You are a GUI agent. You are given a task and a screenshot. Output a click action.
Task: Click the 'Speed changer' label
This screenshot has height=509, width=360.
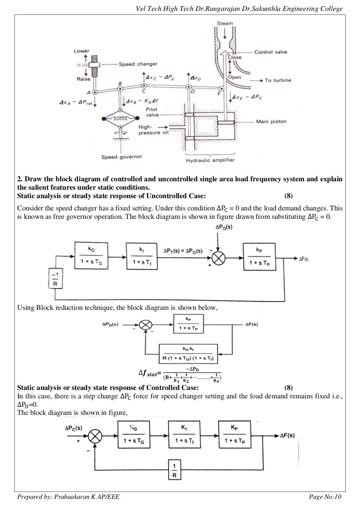(138, 64)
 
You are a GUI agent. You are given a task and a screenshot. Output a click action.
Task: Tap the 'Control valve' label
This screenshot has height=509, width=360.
(270, 52)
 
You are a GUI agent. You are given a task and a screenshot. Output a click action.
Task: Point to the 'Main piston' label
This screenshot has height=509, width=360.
(271, 122)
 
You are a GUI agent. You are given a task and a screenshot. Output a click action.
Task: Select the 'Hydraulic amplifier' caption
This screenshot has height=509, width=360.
(210, 160)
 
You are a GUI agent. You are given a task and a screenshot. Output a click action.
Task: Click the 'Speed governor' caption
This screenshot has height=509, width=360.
(122, 157)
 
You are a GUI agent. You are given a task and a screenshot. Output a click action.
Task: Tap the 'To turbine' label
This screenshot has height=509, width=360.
(278, 80)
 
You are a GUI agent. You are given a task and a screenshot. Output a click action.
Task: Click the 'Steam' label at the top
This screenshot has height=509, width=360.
(225, 24)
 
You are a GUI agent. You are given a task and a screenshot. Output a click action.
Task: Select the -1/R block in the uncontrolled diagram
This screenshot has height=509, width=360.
(55, 279)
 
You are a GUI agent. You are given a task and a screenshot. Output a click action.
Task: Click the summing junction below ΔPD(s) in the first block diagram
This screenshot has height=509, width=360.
(218, 259)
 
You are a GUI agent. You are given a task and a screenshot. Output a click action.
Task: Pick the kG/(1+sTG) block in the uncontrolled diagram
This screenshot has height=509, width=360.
(91, 256)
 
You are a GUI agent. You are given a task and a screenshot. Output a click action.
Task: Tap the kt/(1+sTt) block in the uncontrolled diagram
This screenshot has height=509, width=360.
(142, 256)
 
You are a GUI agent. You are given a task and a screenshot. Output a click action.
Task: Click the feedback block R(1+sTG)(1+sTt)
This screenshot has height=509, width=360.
(188, 354)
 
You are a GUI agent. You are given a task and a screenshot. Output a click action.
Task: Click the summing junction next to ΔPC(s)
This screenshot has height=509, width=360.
(95, 436)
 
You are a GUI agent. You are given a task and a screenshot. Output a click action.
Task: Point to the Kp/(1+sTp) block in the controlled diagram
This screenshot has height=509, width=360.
(234, 435)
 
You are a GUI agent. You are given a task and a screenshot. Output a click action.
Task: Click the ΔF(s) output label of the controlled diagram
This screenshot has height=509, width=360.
(287, 436)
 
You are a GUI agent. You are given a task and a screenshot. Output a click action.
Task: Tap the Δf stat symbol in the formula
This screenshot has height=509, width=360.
(148, 373)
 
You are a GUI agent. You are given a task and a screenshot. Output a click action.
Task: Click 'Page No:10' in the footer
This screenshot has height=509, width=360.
(325, 497)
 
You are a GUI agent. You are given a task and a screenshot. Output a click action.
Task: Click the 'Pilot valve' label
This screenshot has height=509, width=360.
(152, 112)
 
